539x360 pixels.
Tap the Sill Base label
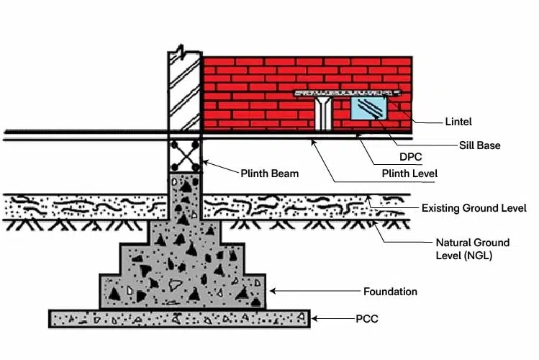pos(479,145)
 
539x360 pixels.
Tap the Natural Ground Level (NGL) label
pos(473,248)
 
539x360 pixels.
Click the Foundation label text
pos(390,292)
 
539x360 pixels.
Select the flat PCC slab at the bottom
pos(179,318)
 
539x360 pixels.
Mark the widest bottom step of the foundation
pos(183,292)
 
